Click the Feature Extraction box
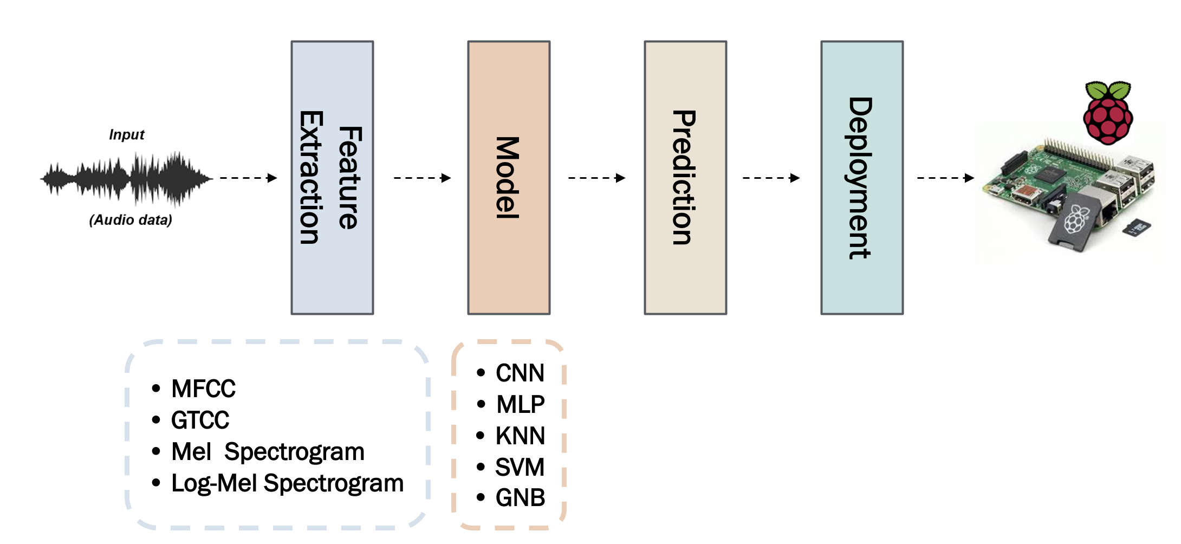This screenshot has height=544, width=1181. pos(332,178)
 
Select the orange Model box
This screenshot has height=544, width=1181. pos(509,178)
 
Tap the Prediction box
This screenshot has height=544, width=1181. pos(685,178)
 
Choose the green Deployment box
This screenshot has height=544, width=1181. pos(862,178)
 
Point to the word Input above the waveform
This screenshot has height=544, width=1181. pos(127,135)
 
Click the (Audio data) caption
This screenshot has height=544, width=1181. pos(131,220)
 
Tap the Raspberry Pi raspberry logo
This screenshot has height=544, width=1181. pos(1108,113)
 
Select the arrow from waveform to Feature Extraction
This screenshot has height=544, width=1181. pos(248,178)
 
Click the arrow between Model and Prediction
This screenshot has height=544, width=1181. pos(596,178)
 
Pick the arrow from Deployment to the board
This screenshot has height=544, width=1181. pos(945,178)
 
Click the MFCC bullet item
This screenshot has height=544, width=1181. pos(203,388)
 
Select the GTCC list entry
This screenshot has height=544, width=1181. pos(200,420)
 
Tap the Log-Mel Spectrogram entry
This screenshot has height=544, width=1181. pos(287,483)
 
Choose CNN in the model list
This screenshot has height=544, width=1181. pos(520,373)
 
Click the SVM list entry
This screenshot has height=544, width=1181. pos(520,467)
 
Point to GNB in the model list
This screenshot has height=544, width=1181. pos(520,497)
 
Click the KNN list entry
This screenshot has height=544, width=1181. pos(520,436)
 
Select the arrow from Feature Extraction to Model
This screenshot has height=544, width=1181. pos(422,178)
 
